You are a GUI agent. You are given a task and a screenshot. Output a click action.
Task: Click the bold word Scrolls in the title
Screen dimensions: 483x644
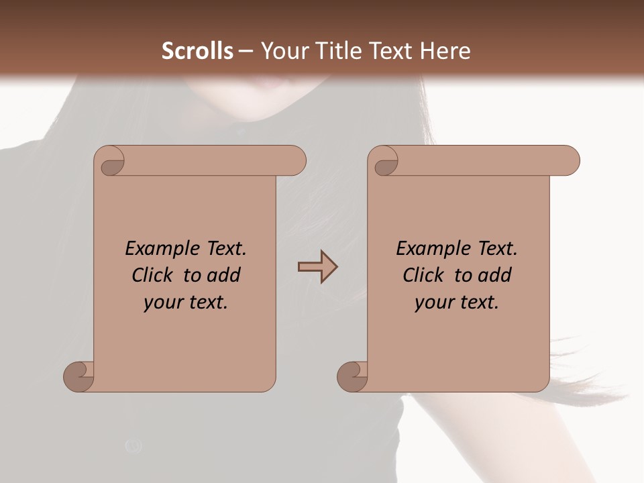(x=197, y=51)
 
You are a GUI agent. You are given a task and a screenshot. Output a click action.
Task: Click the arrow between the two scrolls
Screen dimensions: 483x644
(x=317, y=267)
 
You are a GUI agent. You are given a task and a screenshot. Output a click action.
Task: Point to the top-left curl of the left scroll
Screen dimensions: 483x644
(x=111, y=165)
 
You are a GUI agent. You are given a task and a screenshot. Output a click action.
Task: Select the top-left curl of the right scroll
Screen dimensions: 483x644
(x=385, y=165)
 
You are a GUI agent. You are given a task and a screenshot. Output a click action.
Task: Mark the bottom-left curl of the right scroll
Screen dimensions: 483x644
(x=352, y=376)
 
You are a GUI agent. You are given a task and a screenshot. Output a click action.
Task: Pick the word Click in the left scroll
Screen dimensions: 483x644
(x=152, y=276)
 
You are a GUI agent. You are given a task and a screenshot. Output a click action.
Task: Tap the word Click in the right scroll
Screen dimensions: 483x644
(x=423, y=276)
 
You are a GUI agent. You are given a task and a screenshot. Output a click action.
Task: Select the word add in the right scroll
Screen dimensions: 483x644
(x=494, y=276)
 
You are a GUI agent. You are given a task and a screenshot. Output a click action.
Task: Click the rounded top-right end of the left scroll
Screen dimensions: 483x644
(x=295, y=161)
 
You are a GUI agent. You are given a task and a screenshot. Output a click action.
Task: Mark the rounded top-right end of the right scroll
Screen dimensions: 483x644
(x=569, y=161)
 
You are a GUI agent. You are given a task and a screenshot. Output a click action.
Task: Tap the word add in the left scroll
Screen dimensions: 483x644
(x=223, y=276)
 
